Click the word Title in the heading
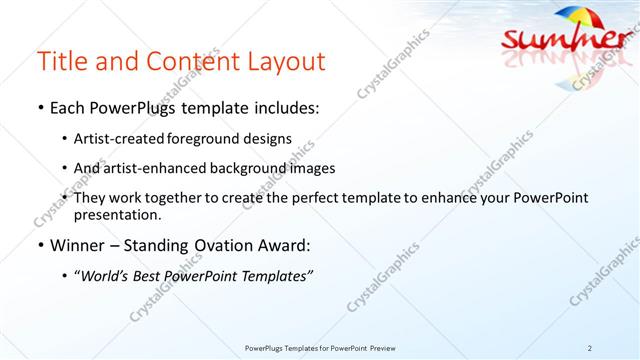coord(59,61)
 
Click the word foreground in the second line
coord(215,138)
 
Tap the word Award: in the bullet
coord(285,244)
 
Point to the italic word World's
coord(107,274)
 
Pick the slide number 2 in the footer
coord(590,347)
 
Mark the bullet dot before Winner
coord(39,244)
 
